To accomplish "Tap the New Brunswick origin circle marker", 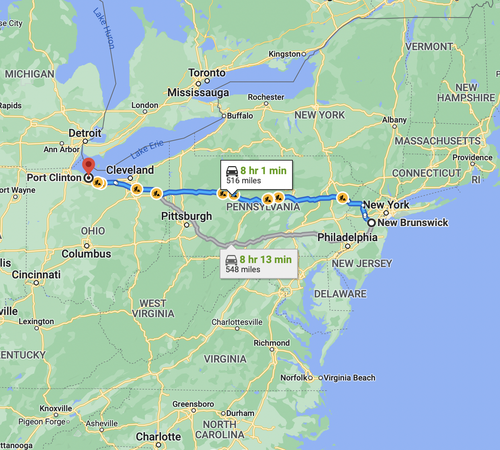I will point(372,223).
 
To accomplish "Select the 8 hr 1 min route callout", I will point(256,175).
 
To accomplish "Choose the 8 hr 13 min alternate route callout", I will point(258,264).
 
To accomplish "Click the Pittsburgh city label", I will point(187,216).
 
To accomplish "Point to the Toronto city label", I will point(207,73).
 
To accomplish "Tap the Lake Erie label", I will point(147,149).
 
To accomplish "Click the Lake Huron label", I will point(104,29).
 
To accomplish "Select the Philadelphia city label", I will point(347,237).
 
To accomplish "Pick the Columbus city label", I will point(86,254).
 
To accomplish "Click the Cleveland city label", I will point(130,170).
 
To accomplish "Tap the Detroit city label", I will point(85,133).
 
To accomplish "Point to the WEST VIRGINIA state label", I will point(153,308).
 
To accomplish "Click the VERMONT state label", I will point(429,47).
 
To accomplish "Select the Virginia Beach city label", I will point(349,378).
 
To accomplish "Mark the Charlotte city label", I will point(158,436).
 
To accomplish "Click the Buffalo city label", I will point(240,116).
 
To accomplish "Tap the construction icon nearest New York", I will point(342,198).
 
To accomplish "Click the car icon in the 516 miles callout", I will point(232,171).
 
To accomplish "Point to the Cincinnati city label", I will point(36,275).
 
